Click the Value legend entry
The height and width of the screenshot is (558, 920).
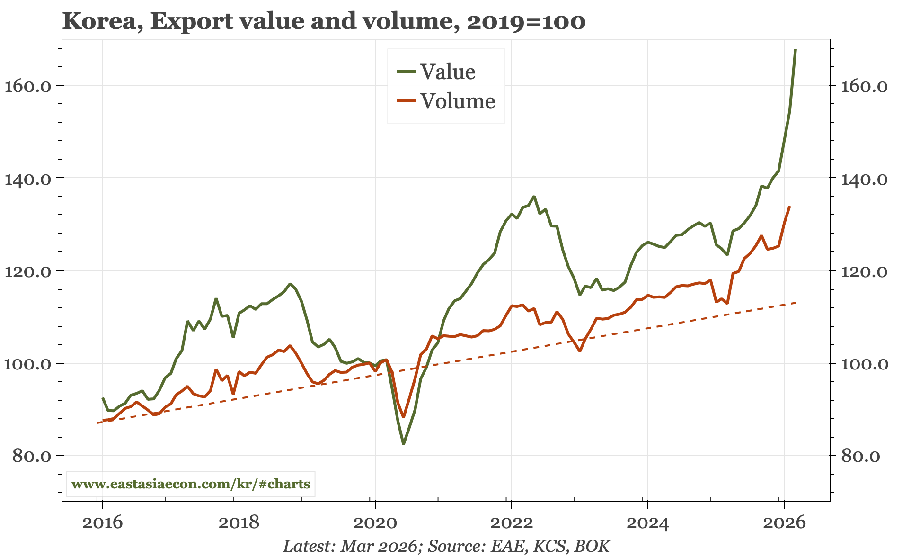(447, 72)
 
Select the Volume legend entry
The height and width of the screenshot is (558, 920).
(457, 101)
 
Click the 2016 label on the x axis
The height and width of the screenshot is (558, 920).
(102, 522)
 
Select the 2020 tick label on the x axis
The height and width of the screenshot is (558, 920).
(375, 522)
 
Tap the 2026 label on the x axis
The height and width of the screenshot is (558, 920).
(784, 522)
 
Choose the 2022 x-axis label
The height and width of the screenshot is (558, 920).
(511, 522)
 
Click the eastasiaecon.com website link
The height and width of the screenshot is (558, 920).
(191, 484)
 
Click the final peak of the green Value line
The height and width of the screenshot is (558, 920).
(795, 50)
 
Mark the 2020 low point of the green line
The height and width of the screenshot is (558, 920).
(403, 443)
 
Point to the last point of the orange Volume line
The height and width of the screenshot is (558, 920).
(789, 207)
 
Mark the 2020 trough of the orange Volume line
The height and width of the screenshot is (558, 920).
(403, 416)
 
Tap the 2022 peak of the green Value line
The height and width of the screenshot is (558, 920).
(534, 196)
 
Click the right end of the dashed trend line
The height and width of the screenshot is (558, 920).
(796, 303)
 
